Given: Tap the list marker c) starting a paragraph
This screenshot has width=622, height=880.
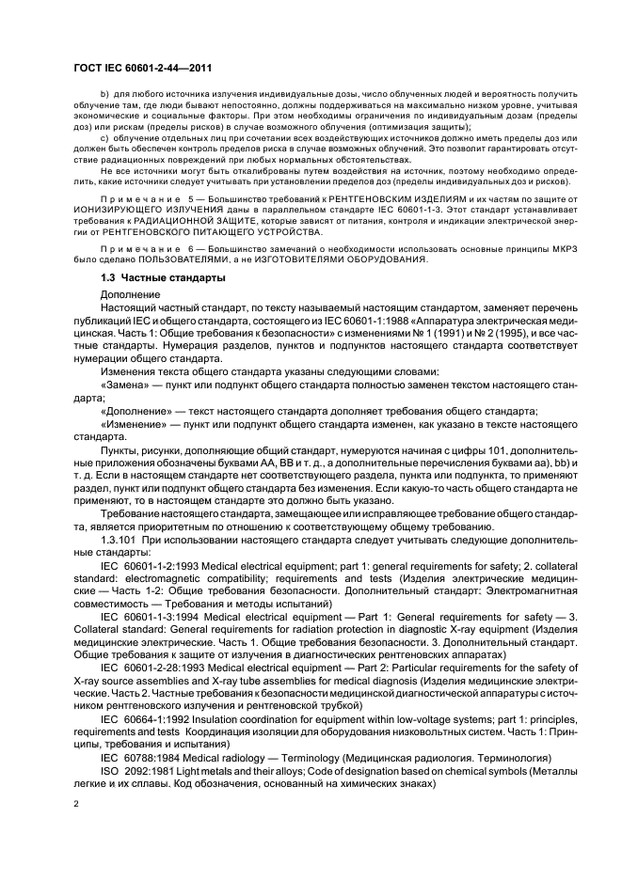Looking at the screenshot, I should coord(104,137).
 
